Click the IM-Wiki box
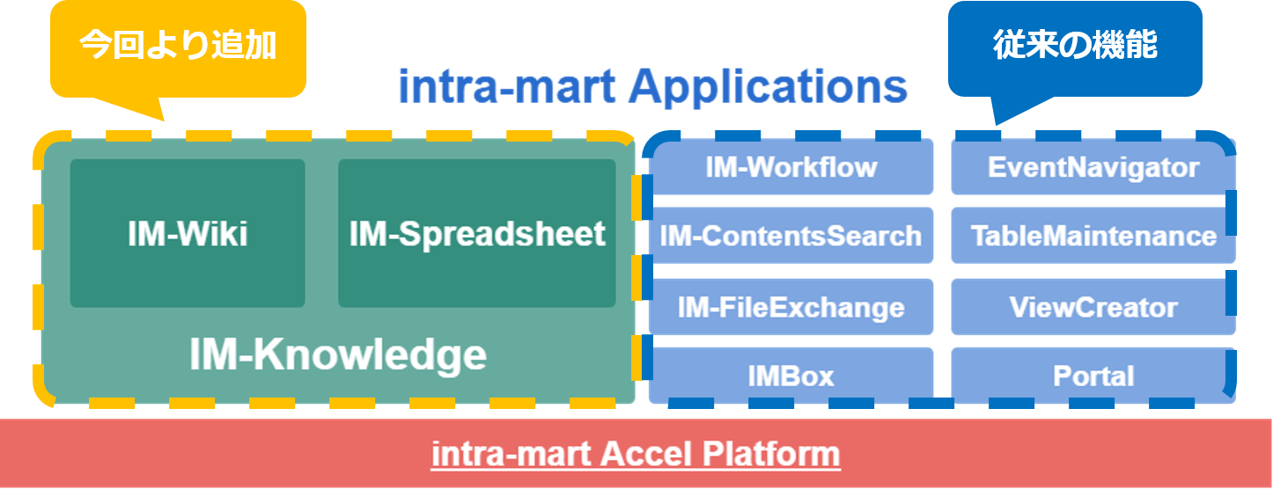pyautogui.click(x=188, y=234)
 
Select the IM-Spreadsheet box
pyautogui.click(x=476, y=234)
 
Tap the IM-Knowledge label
pyautogui.click(x=338, y=355)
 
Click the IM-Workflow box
pyautogui.click(x=791, y=167)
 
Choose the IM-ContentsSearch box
pyautogui.click(x=791, y=236)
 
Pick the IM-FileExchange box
pyautogui.click(x=791, y=307)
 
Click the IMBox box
pyautogui.click(x=791, y=376)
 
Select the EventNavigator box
pyautogui.click(x=1093, y=167)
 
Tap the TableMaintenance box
pyautogui.click(x=1093, y=236)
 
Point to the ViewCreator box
pyautogui.click(x=1093, y=307)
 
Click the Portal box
pyautogui.click(x=1093, y=376)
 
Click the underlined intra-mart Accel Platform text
pyautogui.click(x=635, y=455)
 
